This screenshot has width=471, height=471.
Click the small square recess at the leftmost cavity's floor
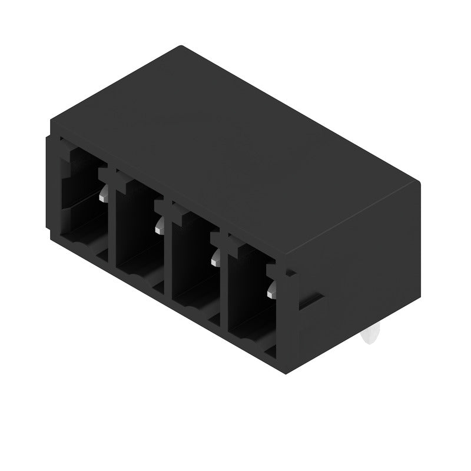[x=101, y=255]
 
